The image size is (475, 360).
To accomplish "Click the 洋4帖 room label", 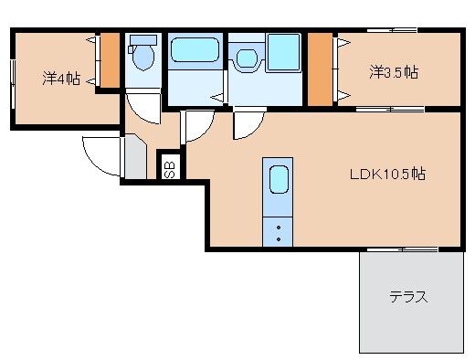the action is tap(61, 79).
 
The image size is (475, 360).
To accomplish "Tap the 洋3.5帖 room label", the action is tap(394, 72).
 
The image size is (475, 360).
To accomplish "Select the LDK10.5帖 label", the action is tap(387, 174).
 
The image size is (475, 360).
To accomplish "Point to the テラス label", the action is tap(408, 296).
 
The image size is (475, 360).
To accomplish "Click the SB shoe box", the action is tap(169, 169).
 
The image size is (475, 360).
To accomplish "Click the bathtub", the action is tap(195, 50).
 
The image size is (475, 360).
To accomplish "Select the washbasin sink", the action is tap(247, 58).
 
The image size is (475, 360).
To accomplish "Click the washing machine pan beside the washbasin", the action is tap(284, 52).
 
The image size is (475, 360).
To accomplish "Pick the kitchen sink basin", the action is tap(279, 179).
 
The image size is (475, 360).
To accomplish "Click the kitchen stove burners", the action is tap(278, 232).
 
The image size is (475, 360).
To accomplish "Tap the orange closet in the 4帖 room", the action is tap(110, 60).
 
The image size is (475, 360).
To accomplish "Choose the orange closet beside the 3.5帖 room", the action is tap(320, 69).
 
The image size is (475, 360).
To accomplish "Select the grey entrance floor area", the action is tap(136, 158).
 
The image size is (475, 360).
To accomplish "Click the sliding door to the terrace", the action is tap(403, 249).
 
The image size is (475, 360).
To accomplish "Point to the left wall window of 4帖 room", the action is tap(13, 84).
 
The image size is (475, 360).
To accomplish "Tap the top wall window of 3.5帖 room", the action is tap(392, 30).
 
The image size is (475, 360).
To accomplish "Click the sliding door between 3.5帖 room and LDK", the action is tap(390, 109).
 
